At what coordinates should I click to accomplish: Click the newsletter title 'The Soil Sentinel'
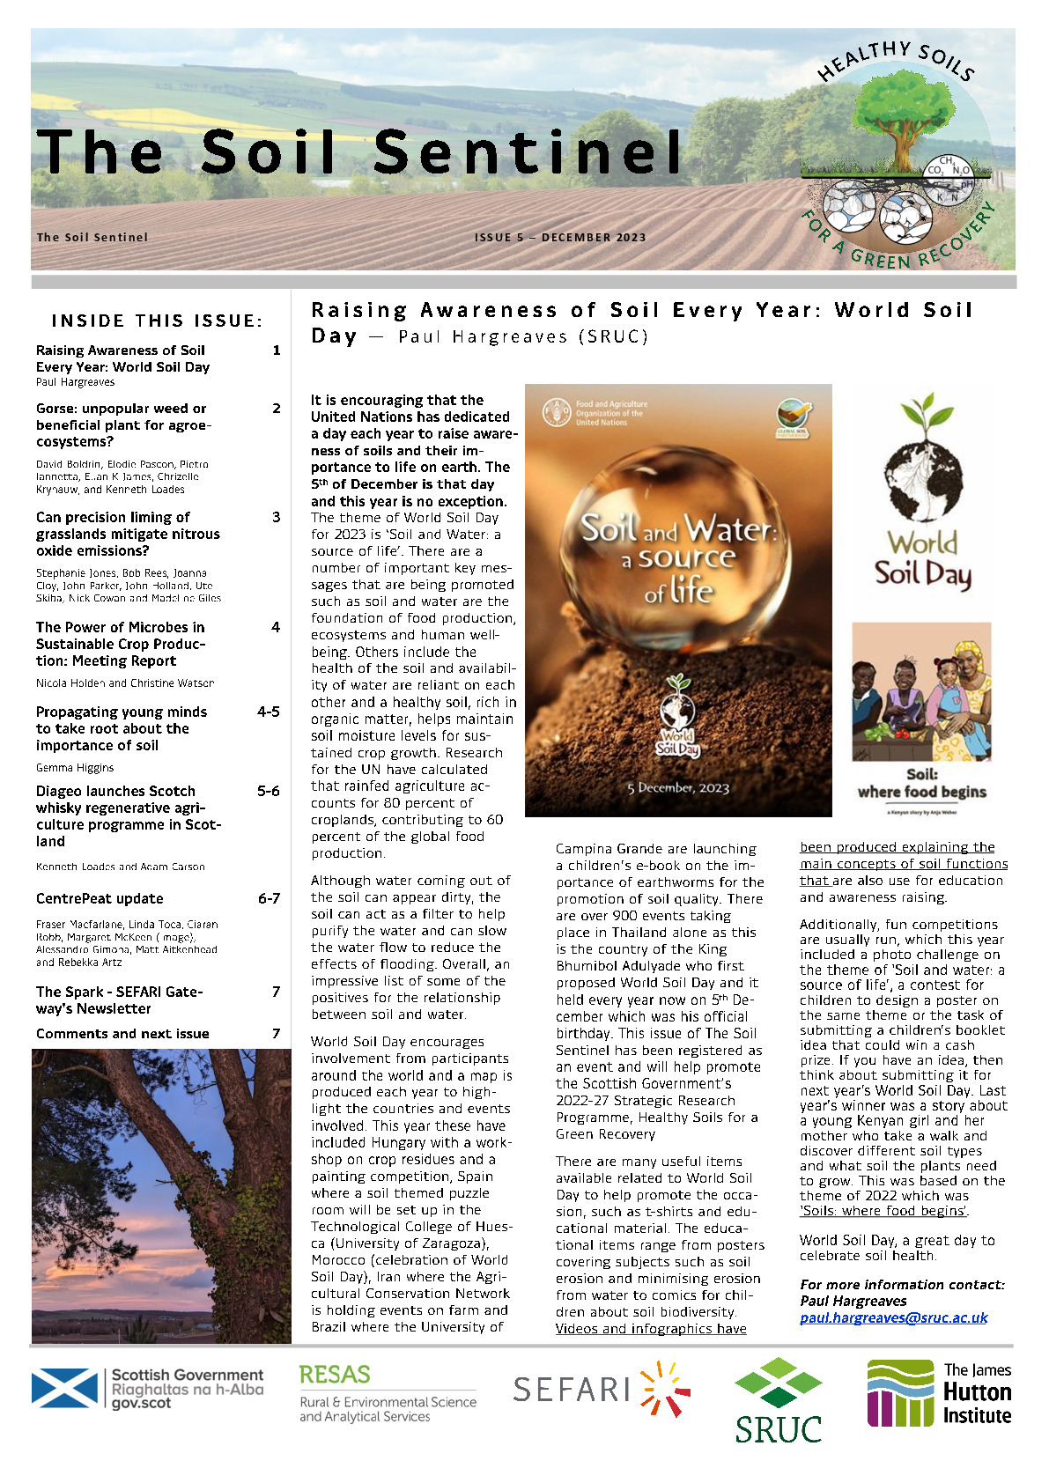[359, 151]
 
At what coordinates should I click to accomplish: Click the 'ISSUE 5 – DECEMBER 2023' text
[560, 238]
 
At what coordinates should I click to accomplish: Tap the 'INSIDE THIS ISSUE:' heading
[157, 321]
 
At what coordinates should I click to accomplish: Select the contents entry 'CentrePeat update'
[100, 899]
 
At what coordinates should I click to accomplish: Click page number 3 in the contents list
[276, 518]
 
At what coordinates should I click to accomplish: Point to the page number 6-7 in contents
[269, 899]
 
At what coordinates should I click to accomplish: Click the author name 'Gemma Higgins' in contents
[75, 768]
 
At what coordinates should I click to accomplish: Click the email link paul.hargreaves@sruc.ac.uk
[893, 1317]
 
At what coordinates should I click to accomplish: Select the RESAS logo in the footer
[335, 1375]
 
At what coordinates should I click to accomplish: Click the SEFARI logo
[602, 1390]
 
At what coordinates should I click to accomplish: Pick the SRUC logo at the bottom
[778, 1400]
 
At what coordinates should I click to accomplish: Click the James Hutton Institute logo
[939, 1393]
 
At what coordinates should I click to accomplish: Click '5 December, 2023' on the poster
[678, 788]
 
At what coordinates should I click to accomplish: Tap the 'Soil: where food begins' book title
[921, 783]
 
